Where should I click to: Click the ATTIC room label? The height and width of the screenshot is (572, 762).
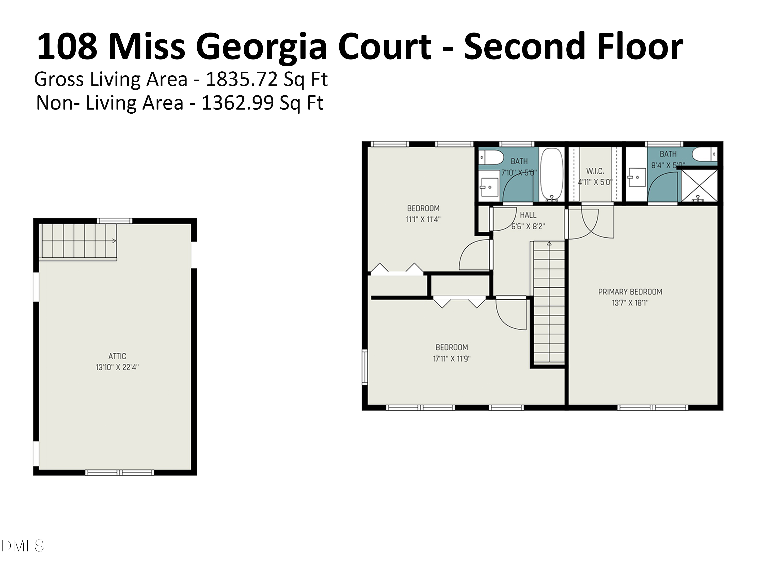coord(117,356)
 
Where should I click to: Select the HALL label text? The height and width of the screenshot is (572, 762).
coord(528,215)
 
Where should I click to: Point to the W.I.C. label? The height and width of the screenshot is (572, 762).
coord(595,171)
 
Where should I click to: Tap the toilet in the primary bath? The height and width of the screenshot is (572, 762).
coord(704,154)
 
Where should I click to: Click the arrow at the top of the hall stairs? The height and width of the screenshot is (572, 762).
coord(549,244)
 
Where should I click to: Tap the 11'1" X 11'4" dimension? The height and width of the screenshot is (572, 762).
coord(423,220)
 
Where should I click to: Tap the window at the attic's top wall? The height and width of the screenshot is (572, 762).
coord(114,221)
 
